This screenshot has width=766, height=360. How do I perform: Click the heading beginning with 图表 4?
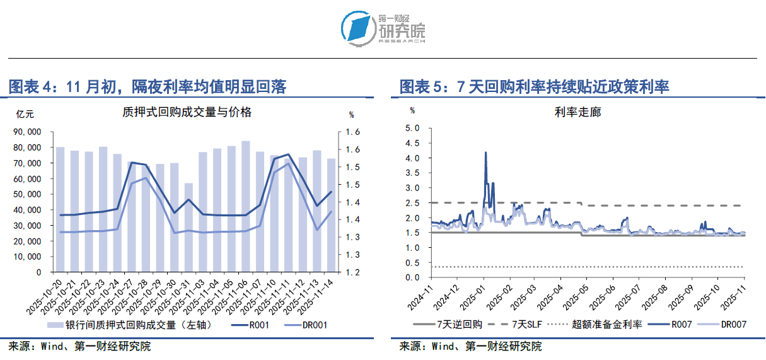point(148,87)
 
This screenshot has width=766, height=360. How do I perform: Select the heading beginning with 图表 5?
point(534,87)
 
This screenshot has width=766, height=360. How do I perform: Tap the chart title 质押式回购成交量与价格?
point(187,112)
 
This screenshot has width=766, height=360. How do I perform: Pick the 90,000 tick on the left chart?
point(27,132)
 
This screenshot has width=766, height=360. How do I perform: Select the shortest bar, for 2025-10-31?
point(189,227)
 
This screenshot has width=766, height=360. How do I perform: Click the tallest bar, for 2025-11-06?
point(246,206)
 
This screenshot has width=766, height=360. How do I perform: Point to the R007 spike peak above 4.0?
point(485,153)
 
